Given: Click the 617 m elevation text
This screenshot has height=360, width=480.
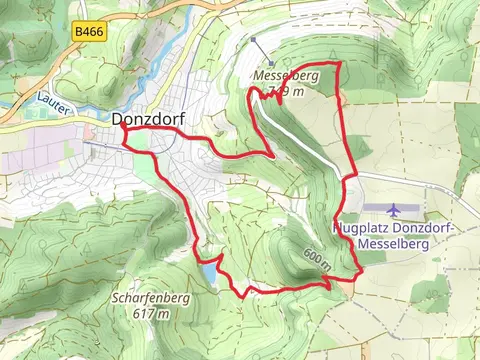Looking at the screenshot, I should [149, 314].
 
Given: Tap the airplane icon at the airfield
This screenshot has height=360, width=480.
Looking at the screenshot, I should [393, 209].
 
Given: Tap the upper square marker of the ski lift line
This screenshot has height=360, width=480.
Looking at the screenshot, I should [254, 41].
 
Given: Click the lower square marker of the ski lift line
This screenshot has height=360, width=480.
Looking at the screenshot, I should [269, 64].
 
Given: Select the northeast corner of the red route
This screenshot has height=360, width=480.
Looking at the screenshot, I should [340, 64].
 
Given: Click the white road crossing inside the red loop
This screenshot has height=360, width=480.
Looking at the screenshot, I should [300, 135].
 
